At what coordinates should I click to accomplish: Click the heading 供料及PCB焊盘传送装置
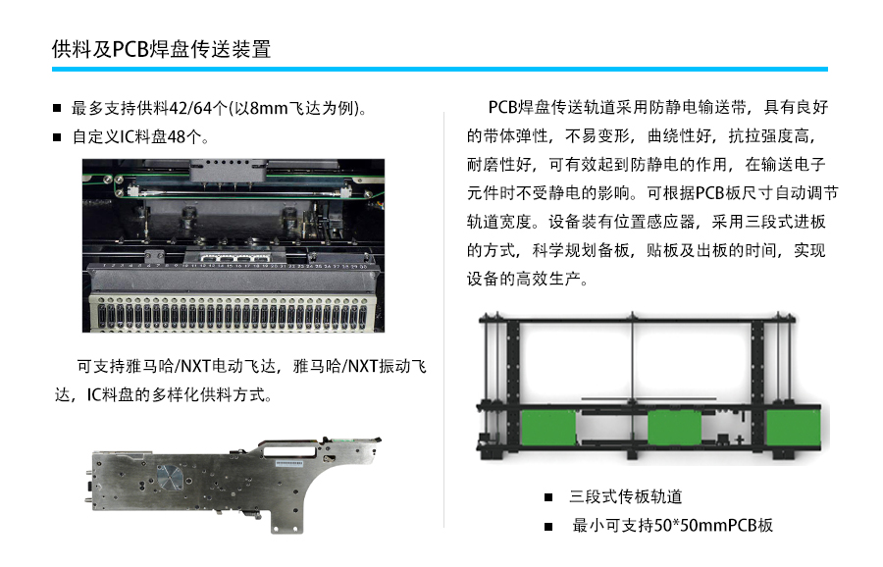tap(162, 49)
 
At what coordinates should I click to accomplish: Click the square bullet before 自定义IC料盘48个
tap(57, 136)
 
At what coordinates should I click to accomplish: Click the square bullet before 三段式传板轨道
tap(548, 497)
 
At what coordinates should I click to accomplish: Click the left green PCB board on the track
tap(549, 428)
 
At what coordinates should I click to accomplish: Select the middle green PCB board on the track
tap(675, 428)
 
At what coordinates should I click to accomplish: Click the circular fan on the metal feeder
tap(170, 478)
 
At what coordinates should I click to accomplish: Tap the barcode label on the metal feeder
tap(288, 463)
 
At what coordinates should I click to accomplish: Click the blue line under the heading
tap(440, 70)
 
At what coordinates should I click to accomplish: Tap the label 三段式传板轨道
tap(626, 496)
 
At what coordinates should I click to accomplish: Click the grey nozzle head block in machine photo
tap(227, 170)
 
